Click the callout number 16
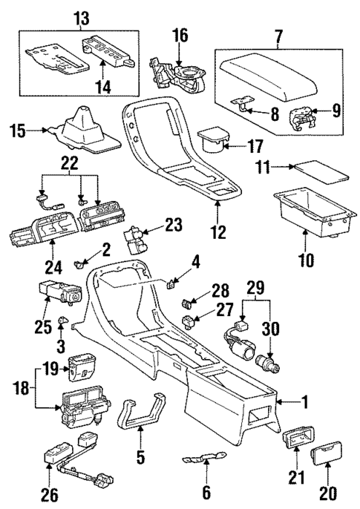pyautogui.click(x=180, y=35)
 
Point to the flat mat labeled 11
pyautogui.click(x=318, y=175)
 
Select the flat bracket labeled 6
pyautogui.click(x=201, y=460)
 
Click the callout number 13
pyautogui.click(x=79, y=16)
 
